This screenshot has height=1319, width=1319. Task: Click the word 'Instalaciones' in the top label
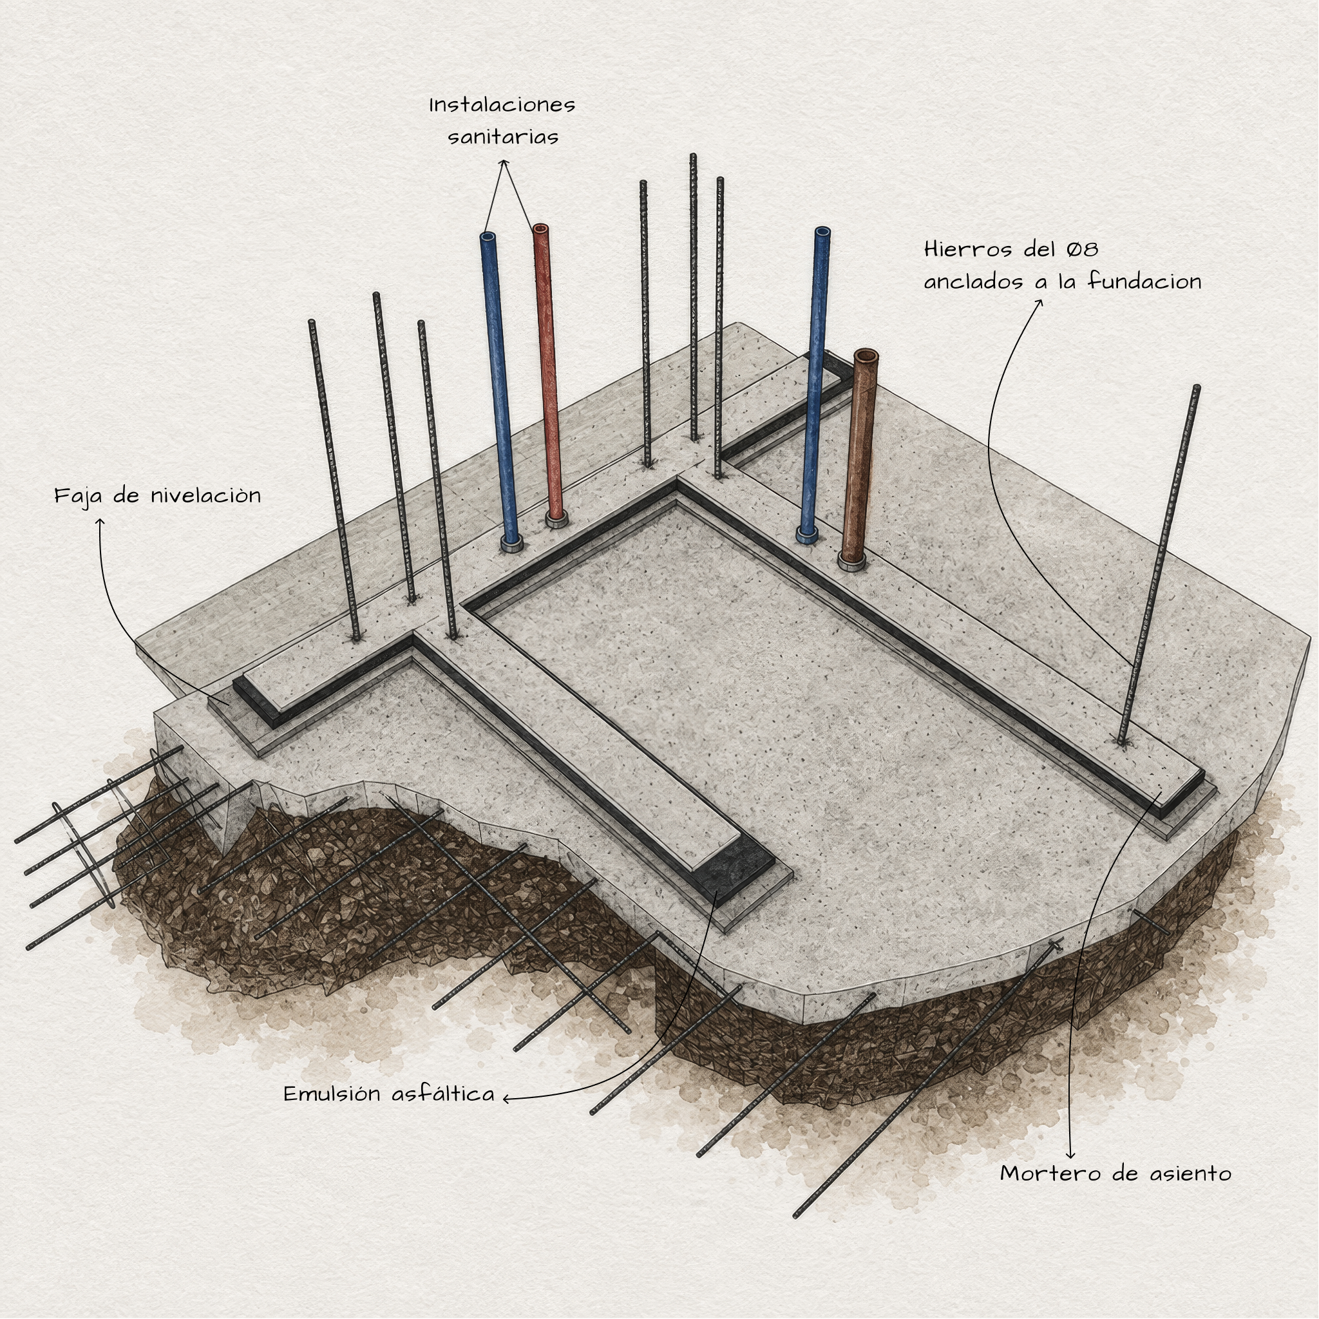tap(502, 105)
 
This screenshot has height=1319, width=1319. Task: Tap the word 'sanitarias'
tap(503, 137)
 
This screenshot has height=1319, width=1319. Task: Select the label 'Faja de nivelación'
tap(158, 495)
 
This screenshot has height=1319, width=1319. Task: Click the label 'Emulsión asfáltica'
tap(389, 1094)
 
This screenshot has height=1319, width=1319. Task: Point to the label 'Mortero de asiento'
tap(1115, 1173)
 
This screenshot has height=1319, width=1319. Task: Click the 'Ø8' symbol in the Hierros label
tap(1083, 249)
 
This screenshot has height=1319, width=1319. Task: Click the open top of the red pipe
tap(541, 229)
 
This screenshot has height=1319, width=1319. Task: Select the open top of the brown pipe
tap(866, 356)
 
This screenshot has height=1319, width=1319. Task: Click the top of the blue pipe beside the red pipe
tap(488, 237)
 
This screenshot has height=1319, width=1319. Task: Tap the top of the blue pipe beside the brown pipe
tap(822, 232)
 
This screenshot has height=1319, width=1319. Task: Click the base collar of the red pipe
tap(556, 521)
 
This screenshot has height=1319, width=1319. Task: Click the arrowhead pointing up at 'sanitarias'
tap(504, 163)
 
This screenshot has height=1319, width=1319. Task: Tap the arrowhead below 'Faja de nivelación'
tap(100, 522)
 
